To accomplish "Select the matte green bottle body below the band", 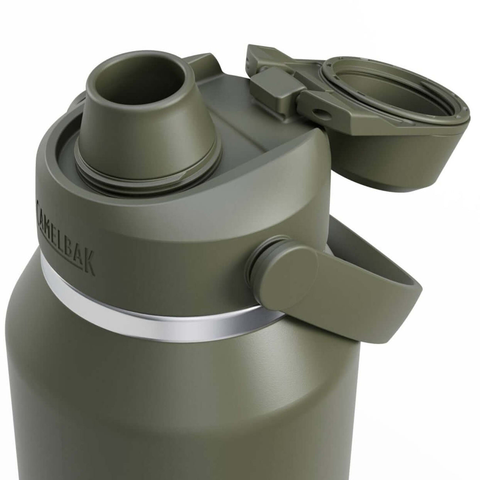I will point(158,395).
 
